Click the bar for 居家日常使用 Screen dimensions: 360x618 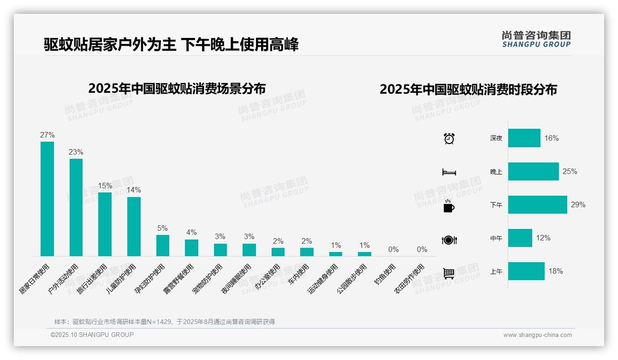[47, 198]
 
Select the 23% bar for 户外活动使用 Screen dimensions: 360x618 [76, 207]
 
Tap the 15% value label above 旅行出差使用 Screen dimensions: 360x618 [105, 186]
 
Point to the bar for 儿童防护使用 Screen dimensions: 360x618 [134, 226]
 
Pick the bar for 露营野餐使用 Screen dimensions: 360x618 [191, 247]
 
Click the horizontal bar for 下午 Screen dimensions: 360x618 [537, 204]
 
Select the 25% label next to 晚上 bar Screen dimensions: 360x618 [570, 171]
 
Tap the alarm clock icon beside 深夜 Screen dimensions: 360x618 [449, 138]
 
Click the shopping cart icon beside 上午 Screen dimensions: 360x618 [449, 273]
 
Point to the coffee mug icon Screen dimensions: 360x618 [448, 206]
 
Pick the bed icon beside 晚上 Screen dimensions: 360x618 [449, 172]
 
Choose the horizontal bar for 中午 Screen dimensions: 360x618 [520, 238]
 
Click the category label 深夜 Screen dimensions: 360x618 [496, 138]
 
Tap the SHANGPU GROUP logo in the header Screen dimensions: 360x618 [536, 39]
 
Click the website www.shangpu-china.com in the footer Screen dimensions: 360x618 [537, 335]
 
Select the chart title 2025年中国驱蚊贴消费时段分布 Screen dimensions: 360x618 [468, 89]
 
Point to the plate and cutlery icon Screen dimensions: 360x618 [449, 240]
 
